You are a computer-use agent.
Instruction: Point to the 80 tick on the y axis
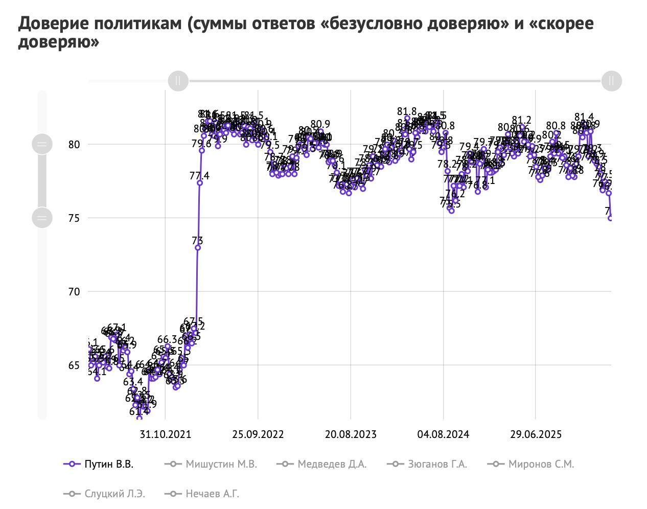(74, 145)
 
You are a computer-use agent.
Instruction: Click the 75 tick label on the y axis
(74, 218)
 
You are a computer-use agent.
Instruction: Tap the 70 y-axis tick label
(74, 292)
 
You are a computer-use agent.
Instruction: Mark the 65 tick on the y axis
(74, 365)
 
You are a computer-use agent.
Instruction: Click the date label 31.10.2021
(165, 434)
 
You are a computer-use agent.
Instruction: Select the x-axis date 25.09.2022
(258, 434)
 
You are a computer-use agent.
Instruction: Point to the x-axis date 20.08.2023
(351, 434)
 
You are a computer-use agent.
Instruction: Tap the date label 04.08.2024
(443, 434)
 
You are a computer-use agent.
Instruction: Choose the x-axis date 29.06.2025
(536, 434)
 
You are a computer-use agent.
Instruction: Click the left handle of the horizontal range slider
(178, 81)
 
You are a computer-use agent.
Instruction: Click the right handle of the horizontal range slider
(611, 81)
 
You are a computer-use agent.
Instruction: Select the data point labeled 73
(198, 248)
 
